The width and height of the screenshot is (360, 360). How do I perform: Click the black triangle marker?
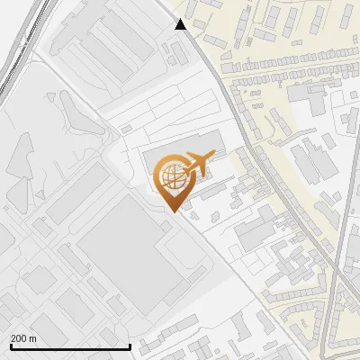pos(181,24)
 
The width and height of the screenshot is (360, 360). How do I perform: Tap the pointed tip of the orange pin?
pos(173,212)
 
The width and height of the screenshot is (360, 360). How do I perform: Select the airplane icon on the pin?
pos(197,163)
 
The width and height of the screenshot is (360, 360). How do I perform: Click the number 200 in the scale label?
pos(19,338)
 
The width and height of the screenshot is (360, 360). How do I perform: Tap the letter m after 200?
pos(33,338)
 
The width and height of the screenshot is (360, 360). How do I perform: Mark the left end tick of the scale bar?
pos(11,346)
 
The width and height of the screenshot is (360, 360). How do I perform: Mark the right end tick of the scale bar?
pos(131,346)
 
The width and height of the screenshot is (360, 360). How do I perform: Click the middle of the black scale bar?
pos(71,346)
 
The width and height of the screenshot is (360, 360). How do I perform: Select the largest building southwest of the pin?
pos(117,252)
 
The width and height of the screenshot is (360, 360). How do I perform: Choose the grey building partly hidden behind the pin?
pos(157,162)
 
